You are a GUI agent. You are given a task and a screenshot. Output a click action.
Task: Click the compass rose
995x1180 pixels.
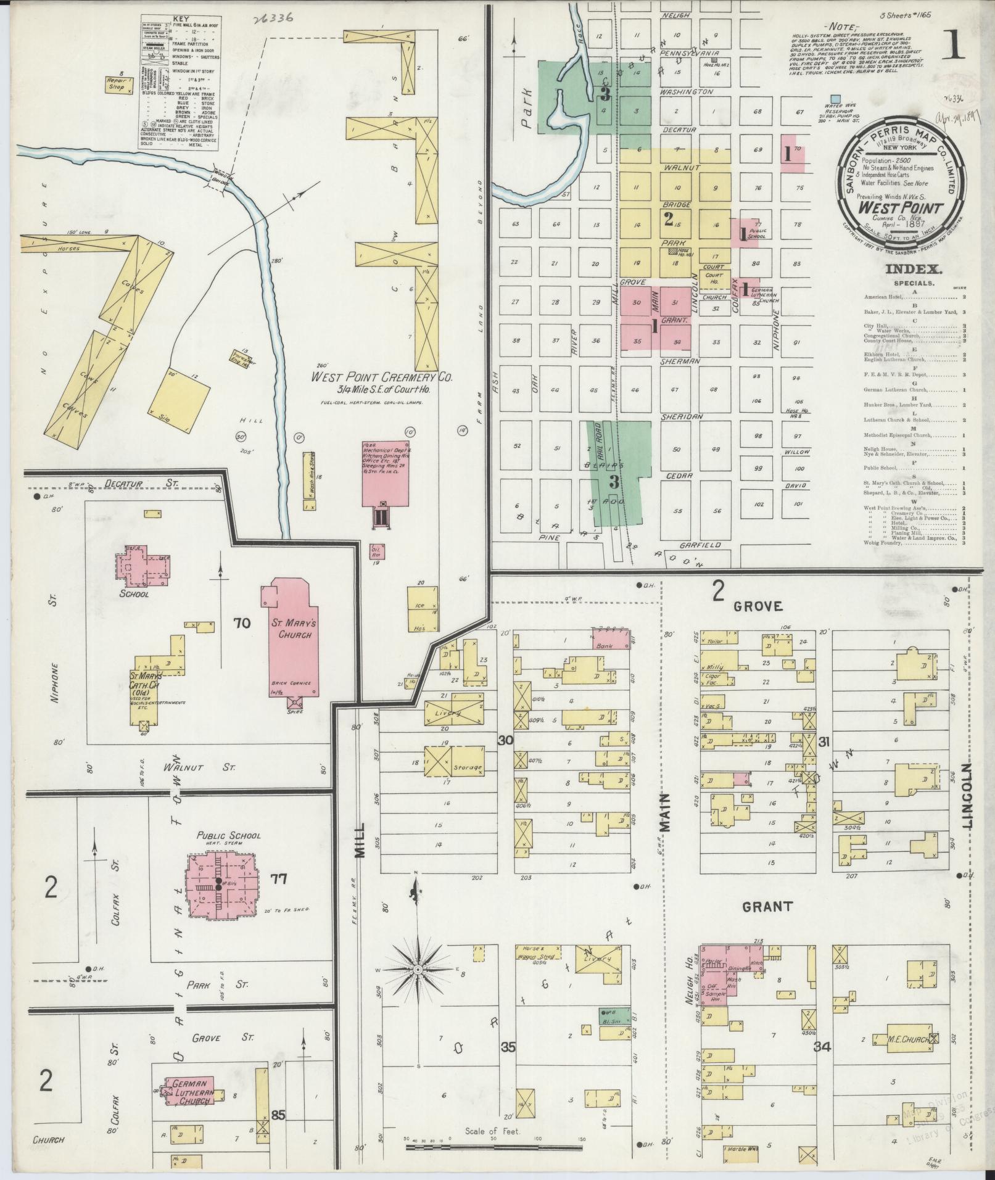coord(418,970)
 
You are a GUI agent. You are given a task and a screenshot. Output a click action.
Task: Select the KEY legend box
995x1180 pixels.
coord(181,81)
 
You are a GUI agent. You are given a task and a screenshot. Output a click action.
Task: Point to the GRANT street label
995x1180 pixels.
coord(766,906)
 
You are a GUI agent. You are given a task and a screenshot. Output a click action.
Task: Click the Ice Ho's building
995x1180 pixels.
coord(423,609)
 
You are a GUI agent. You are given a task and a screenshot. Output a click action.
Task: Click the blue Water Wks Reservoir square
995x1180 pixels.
coord(835,98)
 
